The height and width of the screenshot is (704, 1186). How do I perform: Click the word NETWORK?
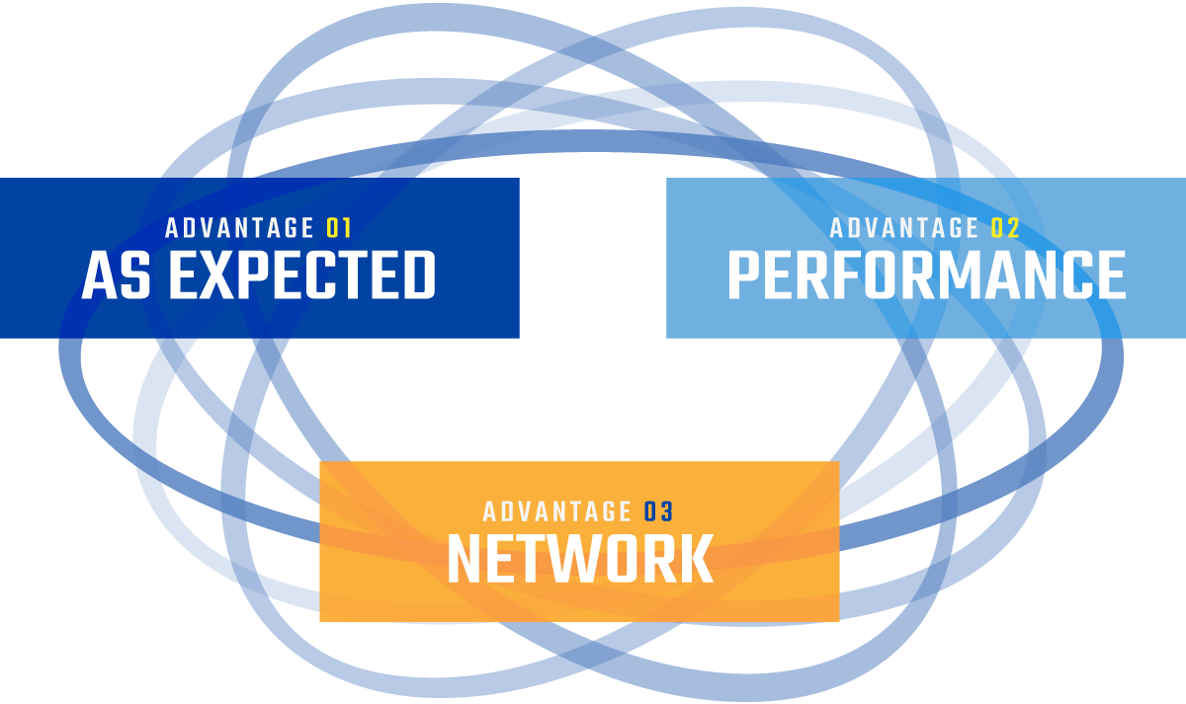coord(581,559)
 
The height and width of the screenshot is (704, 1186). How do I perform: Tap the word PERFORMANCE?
coord(927,275)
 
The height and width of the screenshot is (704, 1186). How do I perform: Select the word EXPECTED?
coord(302,275)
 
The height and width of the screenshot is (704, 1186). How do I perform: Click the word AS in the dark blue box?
coord(116,275)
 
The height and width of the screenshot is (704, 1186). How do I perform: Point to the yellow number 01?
coord(339,228)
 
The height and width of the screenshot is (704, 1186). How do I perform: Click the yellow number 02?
coord(1005,228)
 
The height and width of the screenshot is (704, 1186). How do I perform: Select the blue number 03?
coord(658,511)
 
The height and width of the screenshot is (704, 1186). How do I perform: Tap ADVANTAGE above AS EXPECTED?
coord(239,228)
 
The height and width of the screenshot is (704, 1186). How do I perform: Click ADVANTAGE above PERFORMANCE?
coord(903,228)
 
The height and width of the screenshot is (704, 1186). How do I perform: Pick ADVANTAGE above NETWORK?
coord(557,511)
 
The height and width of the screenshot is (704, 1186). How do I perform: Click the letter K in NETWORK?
coord(696,559)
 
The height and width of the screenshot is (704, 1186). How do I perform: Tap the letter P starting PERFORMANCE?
coord(745,275)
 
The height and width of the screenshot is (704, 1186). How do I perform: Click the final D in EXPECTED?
coord(418,275)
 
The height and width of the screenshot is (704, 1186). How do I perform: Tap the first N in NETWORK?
coord(466,559)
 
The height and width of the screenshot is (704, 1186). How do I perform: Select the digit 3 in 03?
coord(666,511)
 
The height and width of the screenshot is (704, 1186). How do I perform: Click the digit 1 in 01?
coord(346,228)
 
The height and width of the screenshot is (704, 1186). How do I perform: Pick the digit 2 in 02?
coord(1013,228)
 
